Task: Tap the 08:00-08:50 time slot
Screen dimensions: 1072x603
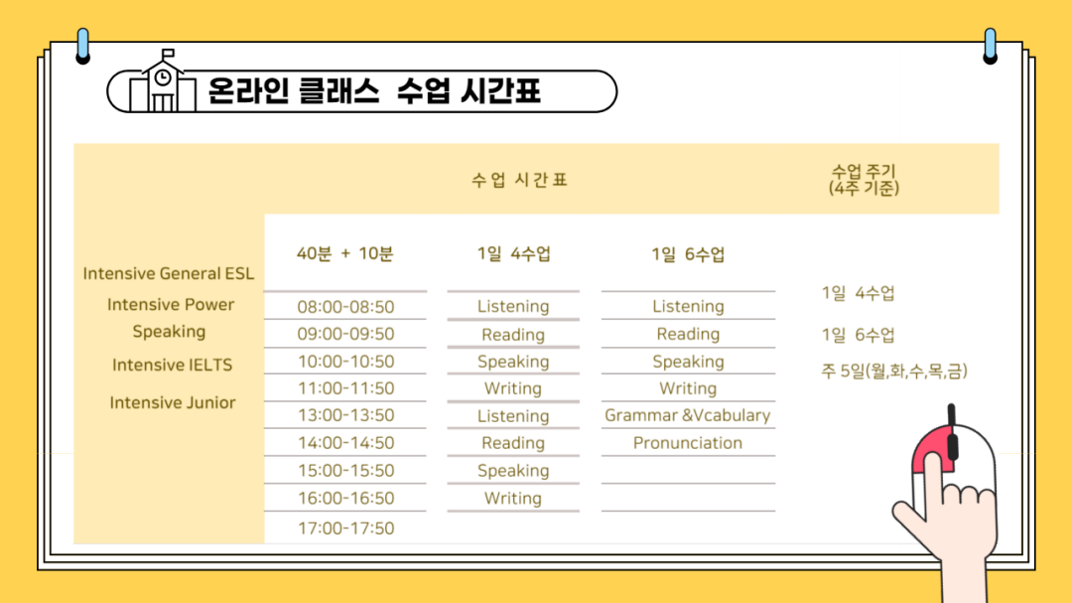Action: tap(345, 307)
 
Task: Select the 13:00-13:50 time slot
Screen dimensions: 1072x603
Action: tap(345, 415)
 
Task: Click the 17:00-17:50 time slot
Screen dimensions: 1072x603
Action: tap(346, 528)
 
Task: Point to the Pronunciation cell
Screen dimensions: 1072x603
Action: tap(687, 443)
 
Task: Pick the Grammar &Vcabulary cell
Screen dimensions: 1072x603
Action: tap(687, 415)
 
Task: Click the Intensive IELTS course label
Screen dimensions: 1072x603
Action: tap(173, 365)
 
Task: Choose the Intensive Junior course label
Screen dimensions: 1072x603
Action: tap(173, 402)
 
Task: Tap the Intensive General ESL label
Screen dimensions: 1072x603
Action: tap(168, 274)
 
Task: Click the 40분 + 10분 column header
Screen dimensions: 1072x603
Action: tap(344, 254)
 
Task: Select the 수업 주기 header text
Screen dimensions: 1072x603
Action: tap(864, 171)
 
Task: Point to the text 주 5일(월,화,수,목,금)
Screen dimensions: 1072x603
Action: tap(894, 371)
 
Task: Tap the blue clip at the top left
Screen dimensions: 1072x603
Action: tap(82, 46)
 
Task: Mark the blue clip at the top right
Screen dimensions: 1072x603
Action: tap(990, 46)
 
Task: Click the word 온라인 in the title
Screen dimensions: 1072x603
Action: tap(248, 91)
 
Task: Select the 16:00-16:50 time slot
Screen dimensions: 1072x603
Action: tap(346, 499)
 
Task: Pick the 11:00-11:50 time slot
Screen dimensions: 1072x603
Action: tap(346, 388)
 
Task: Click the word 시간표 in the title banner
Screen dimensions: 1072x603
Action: tap(501, 91)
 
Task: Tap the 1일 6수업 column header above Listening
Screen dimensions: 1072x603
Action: tap(688, 254)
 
